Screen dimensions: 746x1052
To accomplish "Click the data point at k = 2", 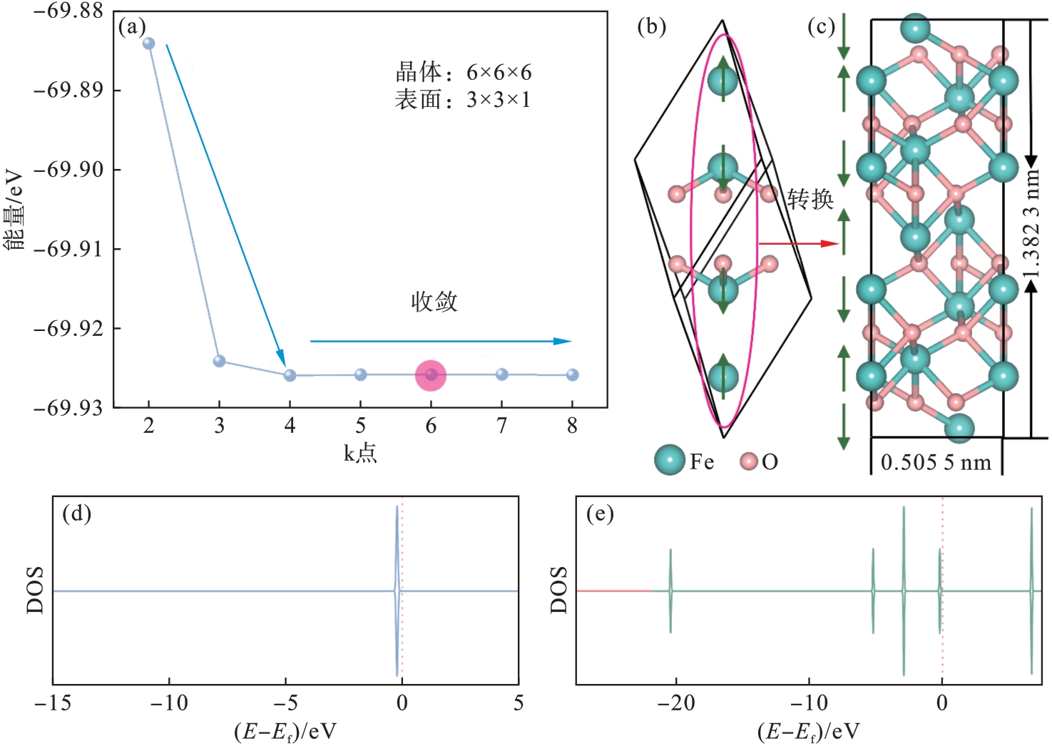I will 148,44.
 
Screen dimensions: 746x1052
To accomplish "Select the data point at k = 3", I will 220,361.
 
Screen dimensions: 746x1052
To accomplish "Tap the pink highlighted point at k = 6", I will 431,375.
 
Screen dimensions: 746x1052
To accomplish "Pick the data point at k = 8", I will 572,374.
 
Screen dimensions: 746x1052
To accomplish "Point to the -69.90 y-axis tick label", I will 68,170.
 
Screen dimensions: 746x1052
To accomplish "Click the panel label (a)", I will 133,27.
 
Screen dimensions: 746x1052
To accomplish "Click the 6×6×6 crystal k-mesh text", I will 499,72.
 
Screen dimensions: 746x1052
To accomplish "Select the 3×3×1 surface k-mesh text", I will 499,100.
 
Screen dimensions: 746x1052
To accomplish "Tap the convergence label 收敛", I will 434,302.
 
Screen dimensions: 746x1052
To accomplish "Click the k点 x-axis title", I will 360,453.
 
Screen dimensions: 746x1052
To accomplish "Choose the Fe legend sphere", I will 670,461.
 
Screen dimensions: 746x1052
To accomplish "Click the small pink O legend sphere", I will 749,461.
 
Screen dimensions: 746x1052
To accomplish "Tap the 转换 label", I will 810,198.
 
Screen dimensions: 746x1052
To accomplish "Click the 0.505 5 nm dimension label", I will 936,463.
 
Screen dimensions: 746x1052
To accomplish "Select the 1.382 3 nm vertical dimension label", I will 1031,225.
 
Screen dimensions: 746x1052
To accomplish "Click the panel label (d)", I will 77,513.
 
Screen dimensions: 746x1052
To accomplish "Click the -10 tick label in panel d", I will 169,703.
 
